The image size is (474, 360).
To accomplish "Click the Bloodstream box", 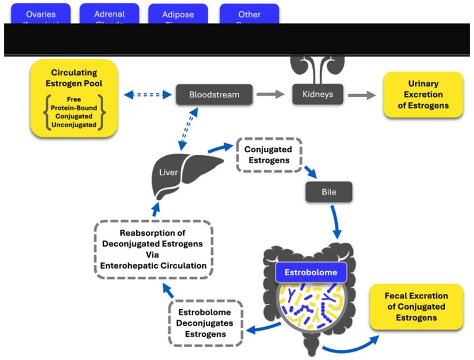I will [214, 95].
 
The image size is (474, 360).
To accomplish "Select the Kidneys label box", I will [318, 95].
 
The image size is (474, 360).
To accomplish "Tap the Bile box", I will [329, 192].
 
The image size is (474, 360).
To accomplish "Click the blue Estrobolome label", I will [311, 272].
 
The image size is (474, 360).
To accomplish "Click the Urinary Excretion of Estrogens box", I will [423, 95].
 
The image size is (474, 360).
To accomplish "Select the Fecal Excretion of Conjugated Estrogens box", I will [416, 307].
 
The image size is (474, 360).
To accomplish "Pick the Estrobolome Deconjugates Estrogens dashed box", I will [206, 323].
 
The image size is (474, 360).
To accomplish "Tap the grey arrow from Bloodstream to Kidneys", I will [270, 95].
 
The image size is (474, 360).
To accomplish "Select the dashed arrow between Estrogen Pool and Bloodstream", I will [146, 95].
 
